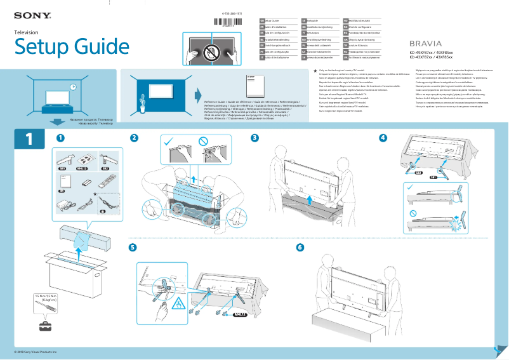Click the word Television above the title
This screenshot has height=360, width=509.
(x=27, y=32)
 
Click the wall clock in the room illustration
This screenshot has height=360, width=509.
(x=74, y=86)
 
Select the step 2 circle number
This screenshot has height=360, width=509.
(x=134, y=138)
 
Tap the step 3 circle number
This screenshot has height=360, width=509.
(x=255, y=138)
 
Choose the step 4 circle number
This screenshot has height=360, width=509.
(x=383, y=138)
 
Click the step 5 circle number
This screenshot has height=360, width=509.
(x=133, y=247)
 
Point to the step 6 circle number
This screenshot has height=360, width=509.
(x=300, y=247)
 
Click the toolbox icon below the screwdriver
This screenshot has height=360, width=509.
(x=45, y=326)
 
